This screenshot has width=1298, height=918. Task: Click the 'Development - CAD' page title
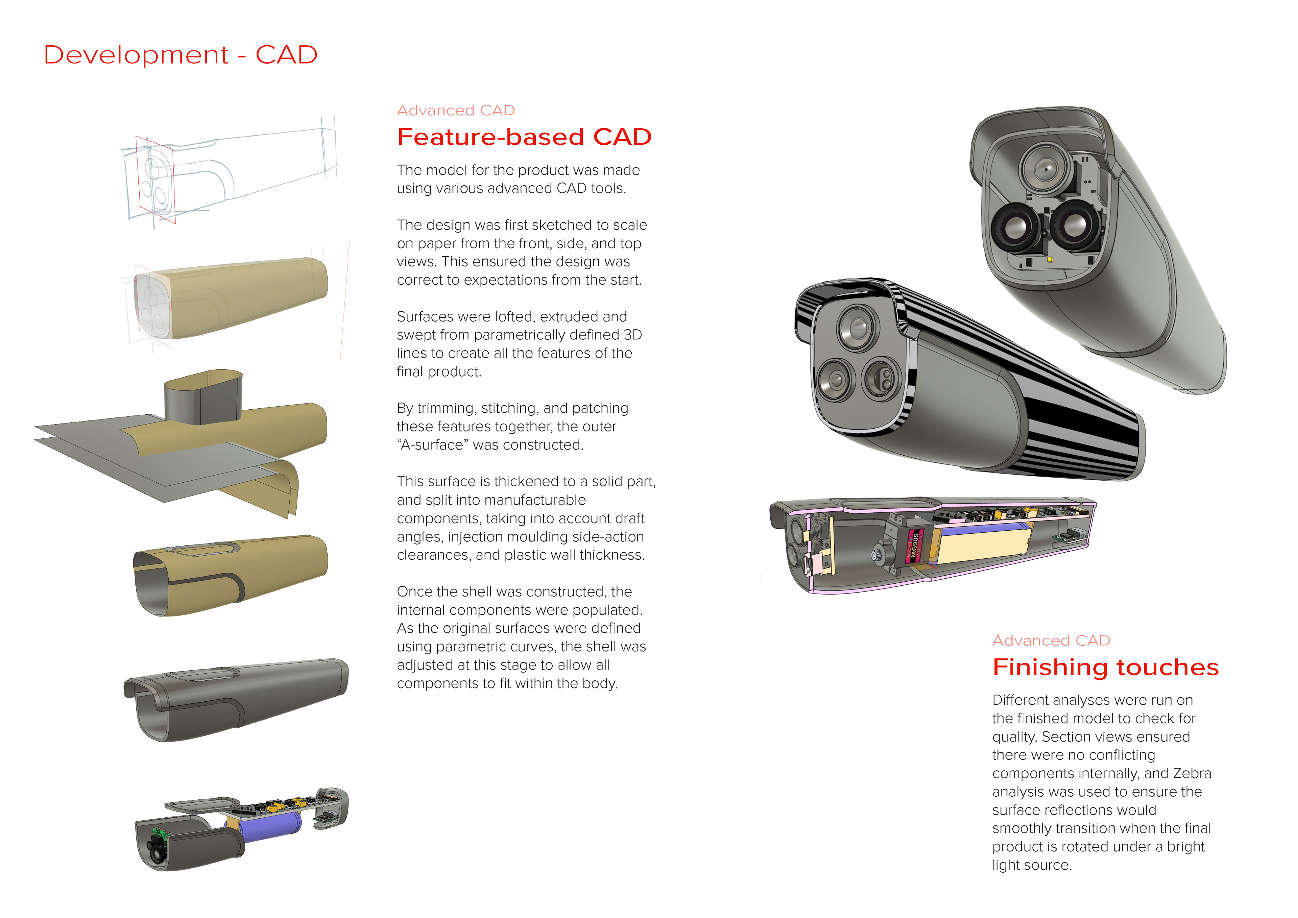[181, 55]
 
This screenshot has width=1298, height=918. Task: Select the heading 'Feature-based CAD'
[524, 137]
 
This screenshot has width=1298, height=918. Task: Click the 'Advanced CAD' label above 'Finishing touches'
[1051, 641]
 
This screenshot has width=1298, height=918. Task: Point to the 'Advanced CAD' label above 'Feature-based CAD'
[456, 110]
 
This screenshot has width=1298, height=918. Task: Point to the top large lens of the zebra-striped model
[858, 327]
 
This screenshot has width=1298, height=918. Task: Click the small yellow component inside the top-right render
[1050, 260]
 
